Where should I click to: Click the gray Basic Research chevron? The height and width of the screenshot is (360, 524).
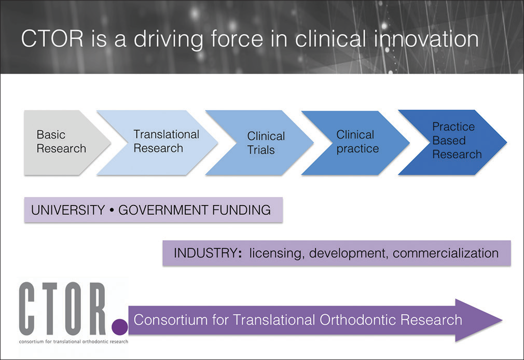tap(63, 143)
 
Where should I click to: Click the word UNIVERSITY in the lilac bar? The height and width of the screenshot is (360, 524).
tap(68, 210)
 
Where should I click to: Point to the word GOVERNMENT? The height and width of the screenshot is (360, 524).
tap(163, 210)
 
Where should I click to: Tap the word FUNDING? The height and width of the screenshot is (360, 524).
tap(241, 210)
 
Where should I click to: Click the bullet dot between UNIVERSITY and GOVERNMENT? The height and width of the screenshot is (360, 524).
tap(112, 210)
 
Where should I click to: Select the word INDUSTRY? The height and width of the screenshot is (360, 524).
tap(205, 253)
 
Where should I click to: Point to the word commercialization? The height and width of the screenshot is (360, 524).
tap(446, 253)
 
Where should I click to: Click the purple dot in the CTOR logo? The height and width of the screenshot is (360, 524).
tap(120, 327)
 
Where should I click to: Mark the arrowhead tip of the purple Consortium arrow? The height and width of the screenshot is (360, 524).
tap(502, 320)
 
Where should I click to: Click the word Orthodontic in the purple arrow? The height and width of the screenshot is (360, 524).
tap(357, 320)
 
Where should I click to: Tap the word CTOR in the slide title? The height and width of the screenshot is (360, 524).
tap(52, 39)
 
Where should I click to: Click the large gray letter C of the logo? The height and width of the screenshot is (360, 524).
tap(27, 309)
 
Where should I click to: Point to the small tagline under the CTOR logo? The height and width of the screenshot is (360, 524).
tap(74, 342)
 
